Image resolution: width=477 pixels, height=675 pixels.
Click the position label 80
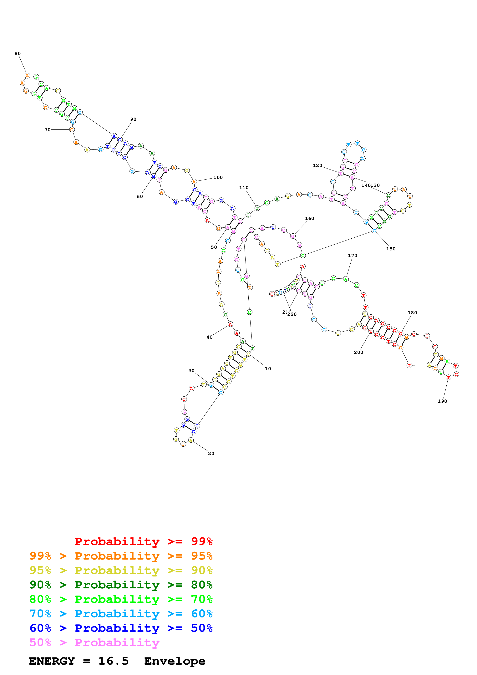pyautogui.click(x=18, y=53)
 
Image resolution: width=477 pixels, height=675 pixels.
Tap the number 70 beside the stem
pyautogui.click(x=47, y=130)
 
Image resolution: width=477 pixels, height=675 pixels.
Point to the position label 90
pyautogui.click(x=133, y=119)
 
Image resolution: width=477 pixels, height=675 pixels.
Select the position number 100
pyautogui.click(x=218, y=178)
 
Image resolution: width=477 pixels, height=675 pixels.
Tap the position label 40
pyautogui.click(x=209, y=337)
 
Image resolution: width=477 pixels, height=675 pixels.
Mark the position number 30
pyautogui.click(x=191, y=371)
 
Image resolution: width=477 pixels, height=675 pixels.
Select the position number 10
pyautogui.click(x=268, y=369)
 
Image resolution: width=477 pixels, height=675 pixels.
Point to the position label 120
pyautogui.click(x=317, y=165)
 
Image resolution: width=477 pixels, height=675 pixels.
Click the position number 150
pyautogui.click(x=391, y=249)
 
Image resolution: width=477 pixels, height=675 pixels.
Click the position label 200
pyautogui.click(x=358, y=352)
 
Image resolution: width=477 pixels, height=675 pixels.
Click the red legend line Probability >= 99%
pyautogui.click(x=143, y=541)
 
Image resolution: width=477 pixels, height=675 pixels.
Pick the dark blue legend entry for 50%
pyautogui.click(x=121, y=628)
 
